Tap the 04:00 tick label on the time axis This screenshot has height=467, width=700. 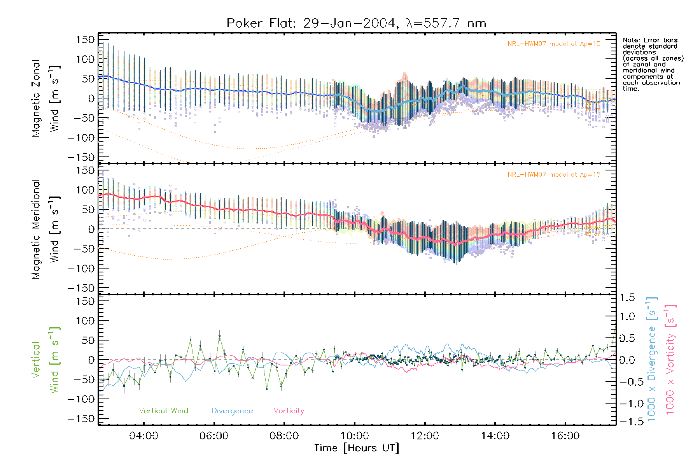point(143,436)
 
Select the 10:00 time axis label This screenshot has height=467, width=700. point(354,436)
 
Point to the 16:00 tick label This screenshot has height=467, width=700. point(565,436)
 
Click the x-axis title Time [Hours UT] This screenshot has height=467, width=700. point(357,448)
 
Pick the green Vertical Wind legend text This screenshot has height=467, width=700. point(163,411)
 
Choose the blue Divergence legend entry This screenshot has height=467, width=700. point(232,411)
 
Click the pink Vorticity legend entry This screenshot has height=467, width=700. point(289,411)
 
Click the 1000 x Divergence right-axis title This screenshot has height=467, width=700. point(652,360)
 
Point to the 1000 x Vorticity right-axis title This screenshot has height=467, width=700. point(670,360)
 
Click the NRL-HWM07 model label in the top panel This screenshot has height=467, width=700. point(554,44)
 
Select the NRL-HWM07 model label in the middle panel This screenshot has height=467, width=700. point(554,175)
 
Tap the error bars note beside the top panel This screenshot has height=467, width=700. point(653,64)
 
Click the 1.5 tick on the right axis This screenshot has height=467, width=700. point(627,298)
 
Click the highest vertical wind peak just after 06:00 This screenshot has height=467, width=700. point(219,335)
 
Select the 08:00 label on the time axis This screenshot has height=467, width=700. point(284,436)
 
